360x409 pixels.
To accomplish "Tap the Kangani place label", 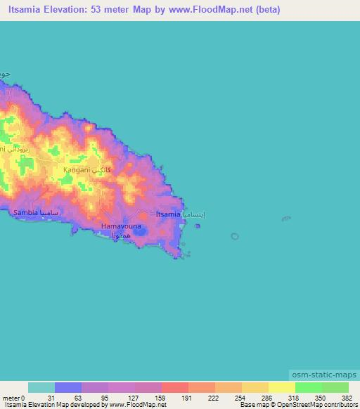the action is point(77,169).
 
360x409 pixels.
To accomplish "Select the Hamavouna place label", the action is point(121,226).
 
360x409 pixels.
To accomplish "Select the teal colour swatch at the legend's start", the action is point(41,387).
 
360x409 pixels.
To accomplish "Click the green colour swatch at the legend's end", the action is point(335,387).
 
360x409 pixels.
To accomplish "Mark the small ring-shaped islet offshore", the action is point(234,236).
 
